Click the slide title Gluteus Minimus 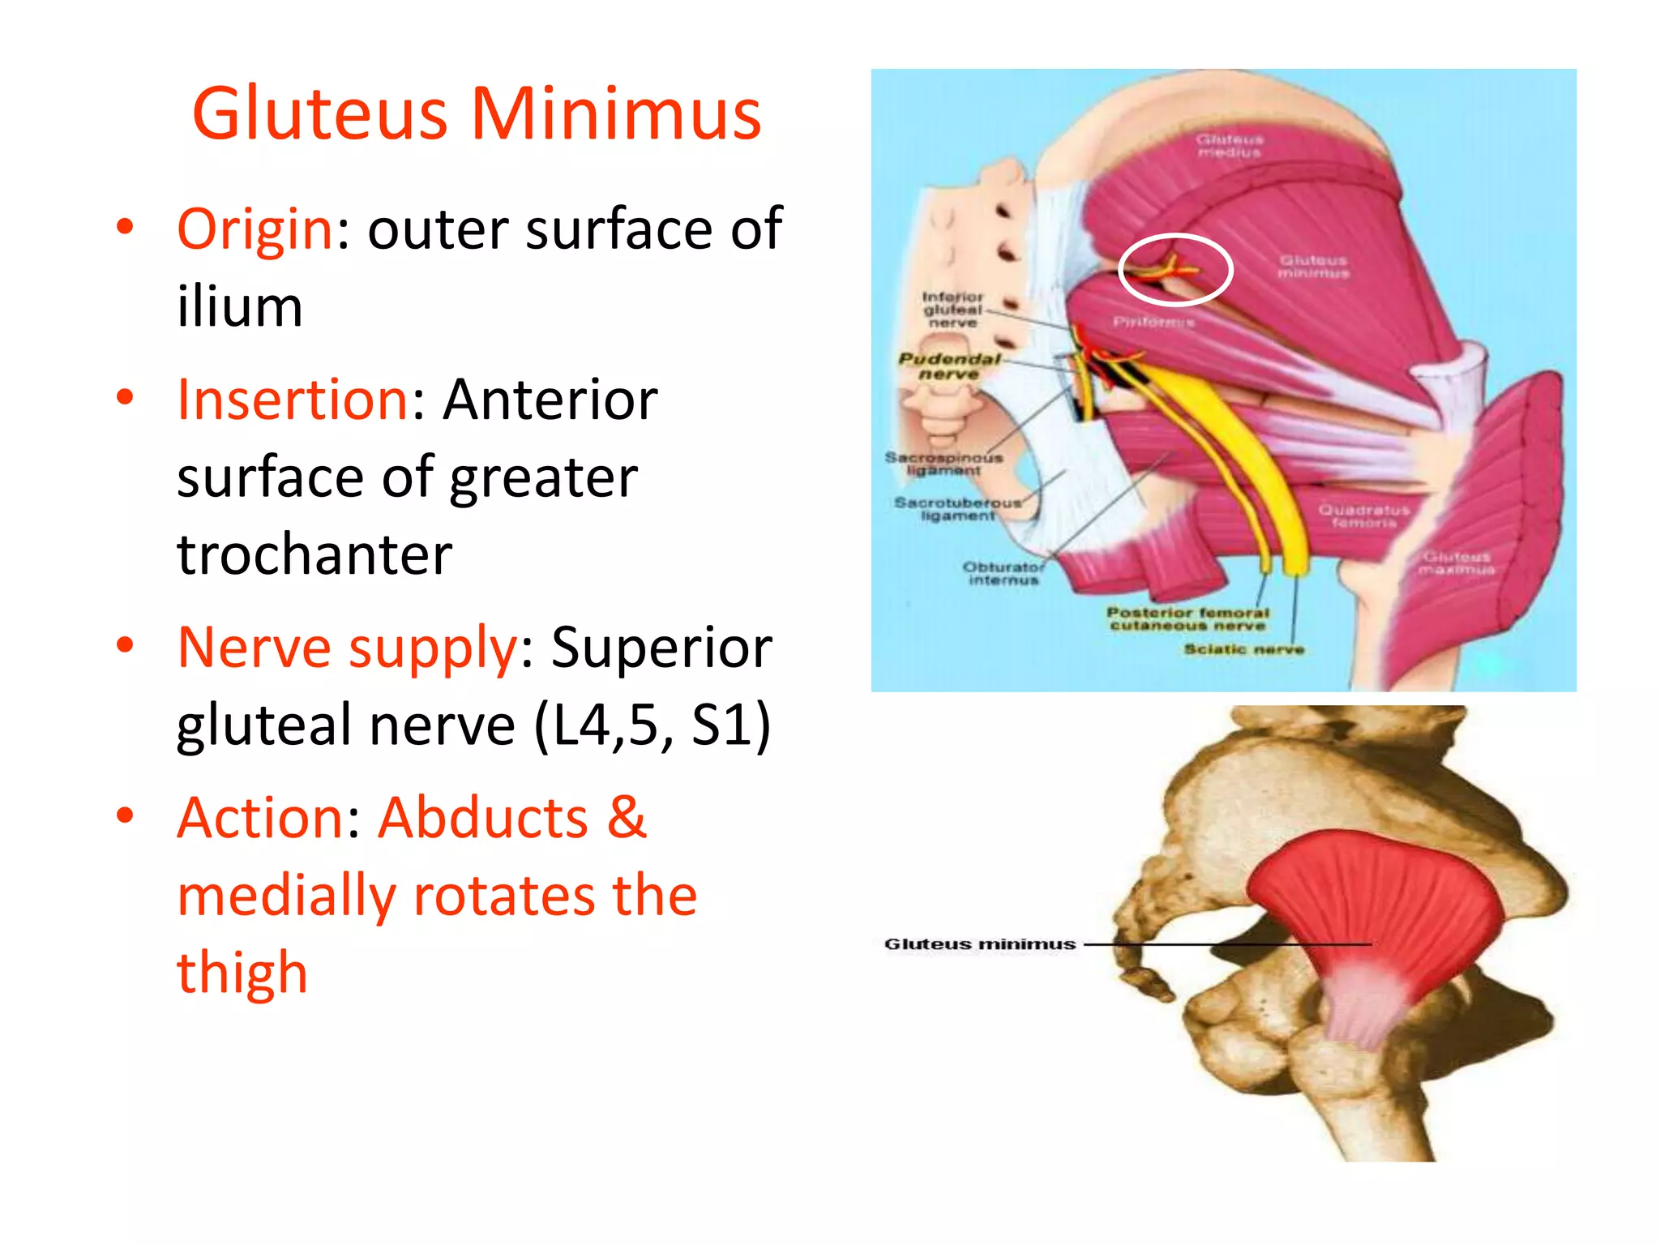click(477, 113)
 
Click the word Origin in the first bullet click(255, 229)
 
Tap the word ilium click(240, 307)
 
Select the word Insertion click(293, 400)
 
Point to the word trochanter click(314, 555)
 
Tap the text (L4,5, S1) click(652, 725)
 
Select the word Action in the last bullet click(259, 818)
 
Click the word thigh click(242, 972)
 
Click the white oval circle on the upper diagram click(1175, 269)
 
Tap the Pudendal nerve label click(949, 366)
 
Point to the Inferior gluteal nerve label click(952, 310)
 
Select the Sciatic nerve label click(1243, 649)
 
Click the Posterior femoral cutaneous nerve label click(1187, 619)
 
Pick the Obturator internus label click(1003, 573)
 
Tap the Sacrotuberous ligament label click(957, 509)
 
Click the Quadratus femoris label click(1364, 516)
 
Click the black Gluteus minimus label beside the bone click(980, 944)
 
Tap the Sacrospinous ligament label click(943, 464)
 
